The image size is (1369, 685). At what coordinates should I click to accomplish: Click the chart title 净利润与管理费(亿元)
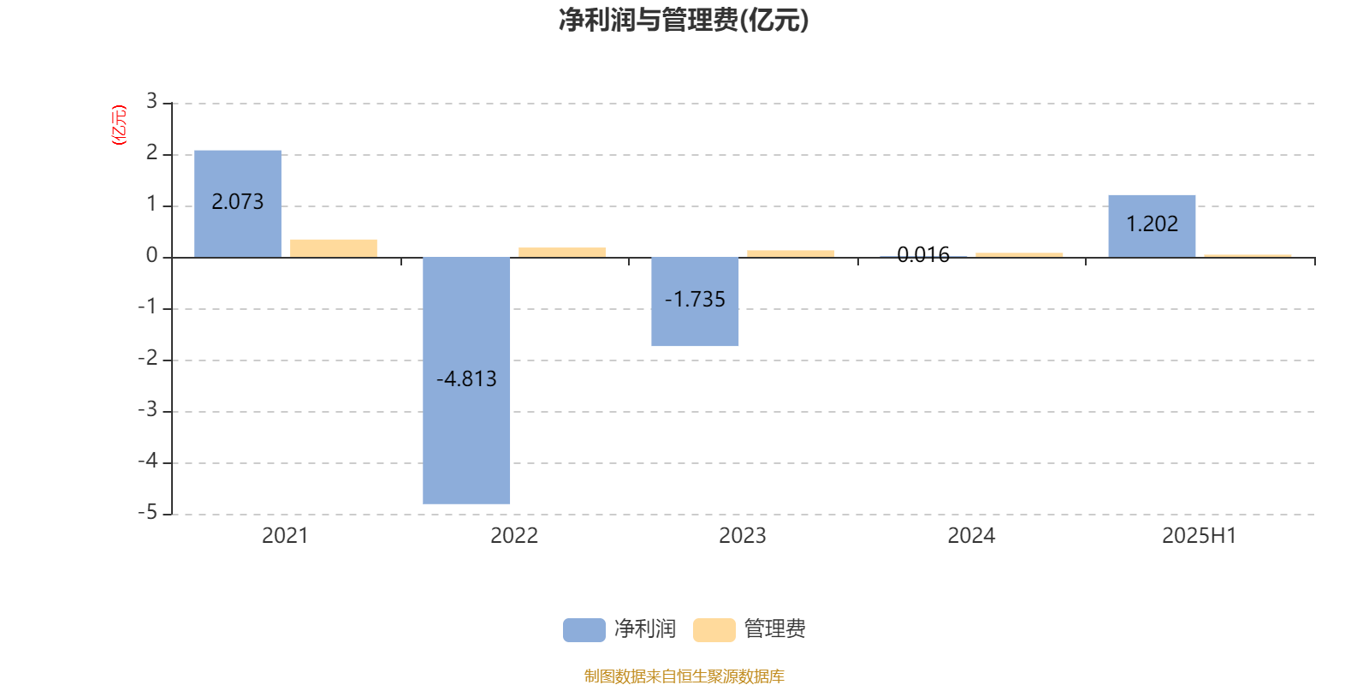[684, 21]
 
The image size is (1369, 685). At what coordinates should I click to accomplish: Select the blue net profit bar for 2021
[238, 204]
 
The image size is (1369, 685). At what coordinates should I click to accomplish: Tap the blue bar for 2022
[466, 380]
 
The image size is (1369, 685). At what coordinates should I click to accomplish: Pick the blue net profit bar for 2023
[695, 301]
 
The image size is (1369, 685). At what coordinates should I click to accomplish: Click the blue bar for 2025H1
[1152, 226]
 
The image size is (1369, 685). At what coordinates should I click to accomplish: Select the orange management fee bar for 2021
[334, 248]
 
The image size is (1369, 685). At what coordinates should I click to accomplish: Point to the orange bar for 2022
[562, 253]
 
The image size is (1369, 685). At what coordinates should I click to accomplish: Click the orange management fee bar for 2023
[791, 253]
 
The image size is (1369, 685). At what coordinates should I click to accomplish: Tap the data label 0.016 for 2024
[923, 254]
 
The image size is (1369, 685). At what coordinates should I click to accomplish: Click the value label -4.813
[466, 379]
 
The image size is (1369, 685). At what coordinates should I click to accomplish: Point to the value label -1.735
[695, 299]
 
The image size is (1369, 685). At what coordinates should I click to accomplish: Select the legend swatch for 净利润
[584, 630]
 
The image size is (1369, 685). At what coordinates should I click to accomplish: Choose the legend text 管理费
[775, 628]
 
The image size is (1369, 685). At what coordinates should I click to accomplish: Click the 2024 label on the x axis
[971, 536]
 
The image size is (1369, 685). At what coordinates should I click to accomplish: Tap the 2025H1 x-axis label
[1199, 536]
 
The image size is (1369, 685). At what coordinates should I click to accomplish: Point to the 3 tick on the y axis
[151, 101]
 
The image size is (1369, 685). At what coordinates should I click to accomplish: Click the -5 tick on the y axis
[148, 513]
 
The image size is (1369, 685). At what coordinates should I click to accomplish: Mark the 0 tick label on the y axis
[151, 256]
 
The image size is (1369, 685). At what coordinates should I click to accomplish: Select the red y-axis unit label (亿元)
[119, 125]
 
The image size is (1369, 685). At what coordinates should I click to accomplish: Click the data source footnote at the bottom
[684, 676]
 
